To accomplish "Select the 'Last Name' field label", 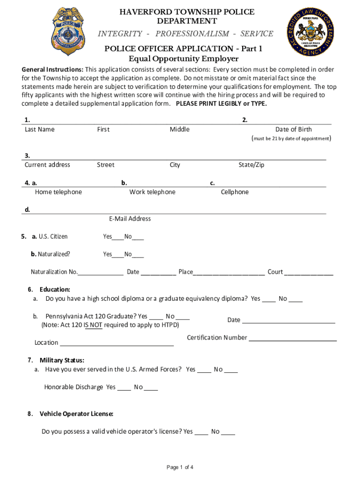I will (39, 130).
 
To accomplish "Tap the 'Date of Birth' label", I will (293, 130).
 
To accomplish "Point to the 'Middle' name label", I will (180, 130).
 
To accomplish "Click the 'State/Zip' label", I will (251, 165).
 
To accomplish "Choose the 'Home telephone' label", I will (58, 192).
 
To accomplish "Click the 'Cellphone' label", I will (235, 192).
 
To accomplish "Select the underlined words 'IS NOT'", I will (93, 325).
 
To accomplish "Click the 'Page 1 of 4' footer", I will (180, 467).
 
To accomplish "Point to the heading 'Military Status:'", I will (62, 360).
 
